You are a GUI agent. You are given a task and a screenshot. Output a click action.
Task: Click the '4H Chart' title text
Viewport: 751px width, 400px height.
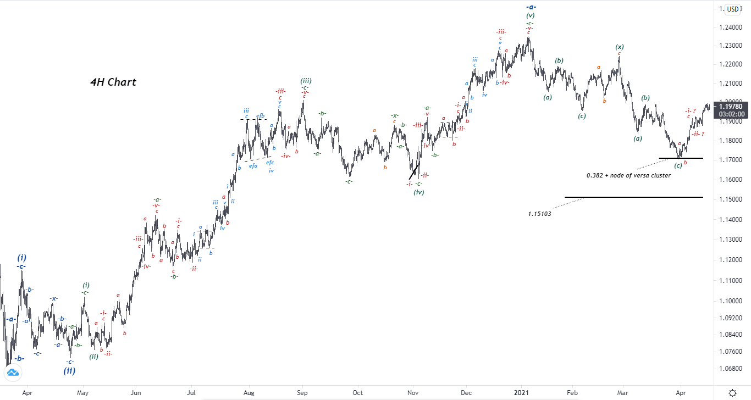[113, 82]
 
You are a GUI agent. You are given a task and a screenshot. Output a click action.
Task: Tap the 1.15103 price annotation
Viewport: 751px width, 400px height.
[539, 214]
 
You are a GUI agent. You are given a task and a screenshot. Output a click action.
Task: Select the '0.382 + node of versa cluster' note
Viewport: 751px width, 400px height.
[628, 175]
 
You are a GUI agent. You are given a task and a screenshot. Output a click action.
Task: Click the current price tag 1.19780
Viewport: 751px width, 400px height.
[731, 106]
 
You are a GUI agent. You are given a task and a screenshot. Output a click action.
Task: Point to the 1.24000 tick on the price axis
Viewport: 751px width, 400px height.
[731, 28]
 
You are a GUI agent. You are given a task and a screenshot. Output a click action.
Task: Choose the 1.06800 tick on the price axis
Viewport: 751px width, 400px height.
[731, 368]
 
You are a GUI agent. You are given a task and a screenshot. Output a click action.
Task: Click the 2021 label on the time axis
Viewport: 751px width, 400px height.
[521, 393]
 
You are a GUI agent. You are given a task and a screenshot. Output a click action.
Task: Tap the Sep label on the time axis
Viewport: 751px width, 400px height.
[302, 393]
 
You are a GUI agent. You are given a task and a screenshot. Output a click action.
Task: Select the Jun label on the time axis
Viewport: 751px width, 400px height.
[136, 393]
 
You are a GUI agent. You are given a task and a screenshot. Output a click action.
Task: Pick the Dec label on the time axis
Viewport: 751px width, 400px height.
[466, 393]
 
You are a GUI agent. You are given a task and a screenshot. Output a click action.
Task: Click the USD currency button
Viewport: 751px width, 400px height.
[732, 9]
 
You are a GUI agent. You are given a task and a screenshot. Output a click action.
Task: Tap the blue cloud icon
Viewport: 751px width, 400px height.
[12, 373]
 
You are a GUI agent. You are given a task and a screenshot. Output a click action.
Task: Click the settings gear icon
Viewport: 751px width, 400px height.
[732, 393]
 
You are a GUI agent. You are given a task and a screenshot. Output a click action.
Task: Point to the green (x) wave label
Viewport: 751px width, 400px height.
[620, 47]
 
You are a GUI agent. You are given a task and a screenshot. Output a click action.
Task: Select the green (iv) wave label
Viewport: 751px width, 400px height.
[419, 192]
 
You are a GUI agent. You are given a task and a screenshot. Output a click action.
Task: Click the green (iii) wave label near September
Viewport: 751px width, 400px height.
[306, 81]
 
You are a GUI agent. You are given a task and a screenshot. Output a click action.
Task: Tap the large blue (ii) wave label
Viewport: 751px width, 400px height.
[69, 370]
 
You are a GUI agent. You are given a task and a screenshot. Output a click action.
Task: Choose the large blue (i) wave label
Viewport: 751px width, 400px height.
[21, 257]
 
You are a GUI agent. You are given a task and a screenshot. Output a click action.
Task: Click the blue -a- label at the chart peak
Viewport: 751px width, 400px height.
[531, 7]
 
